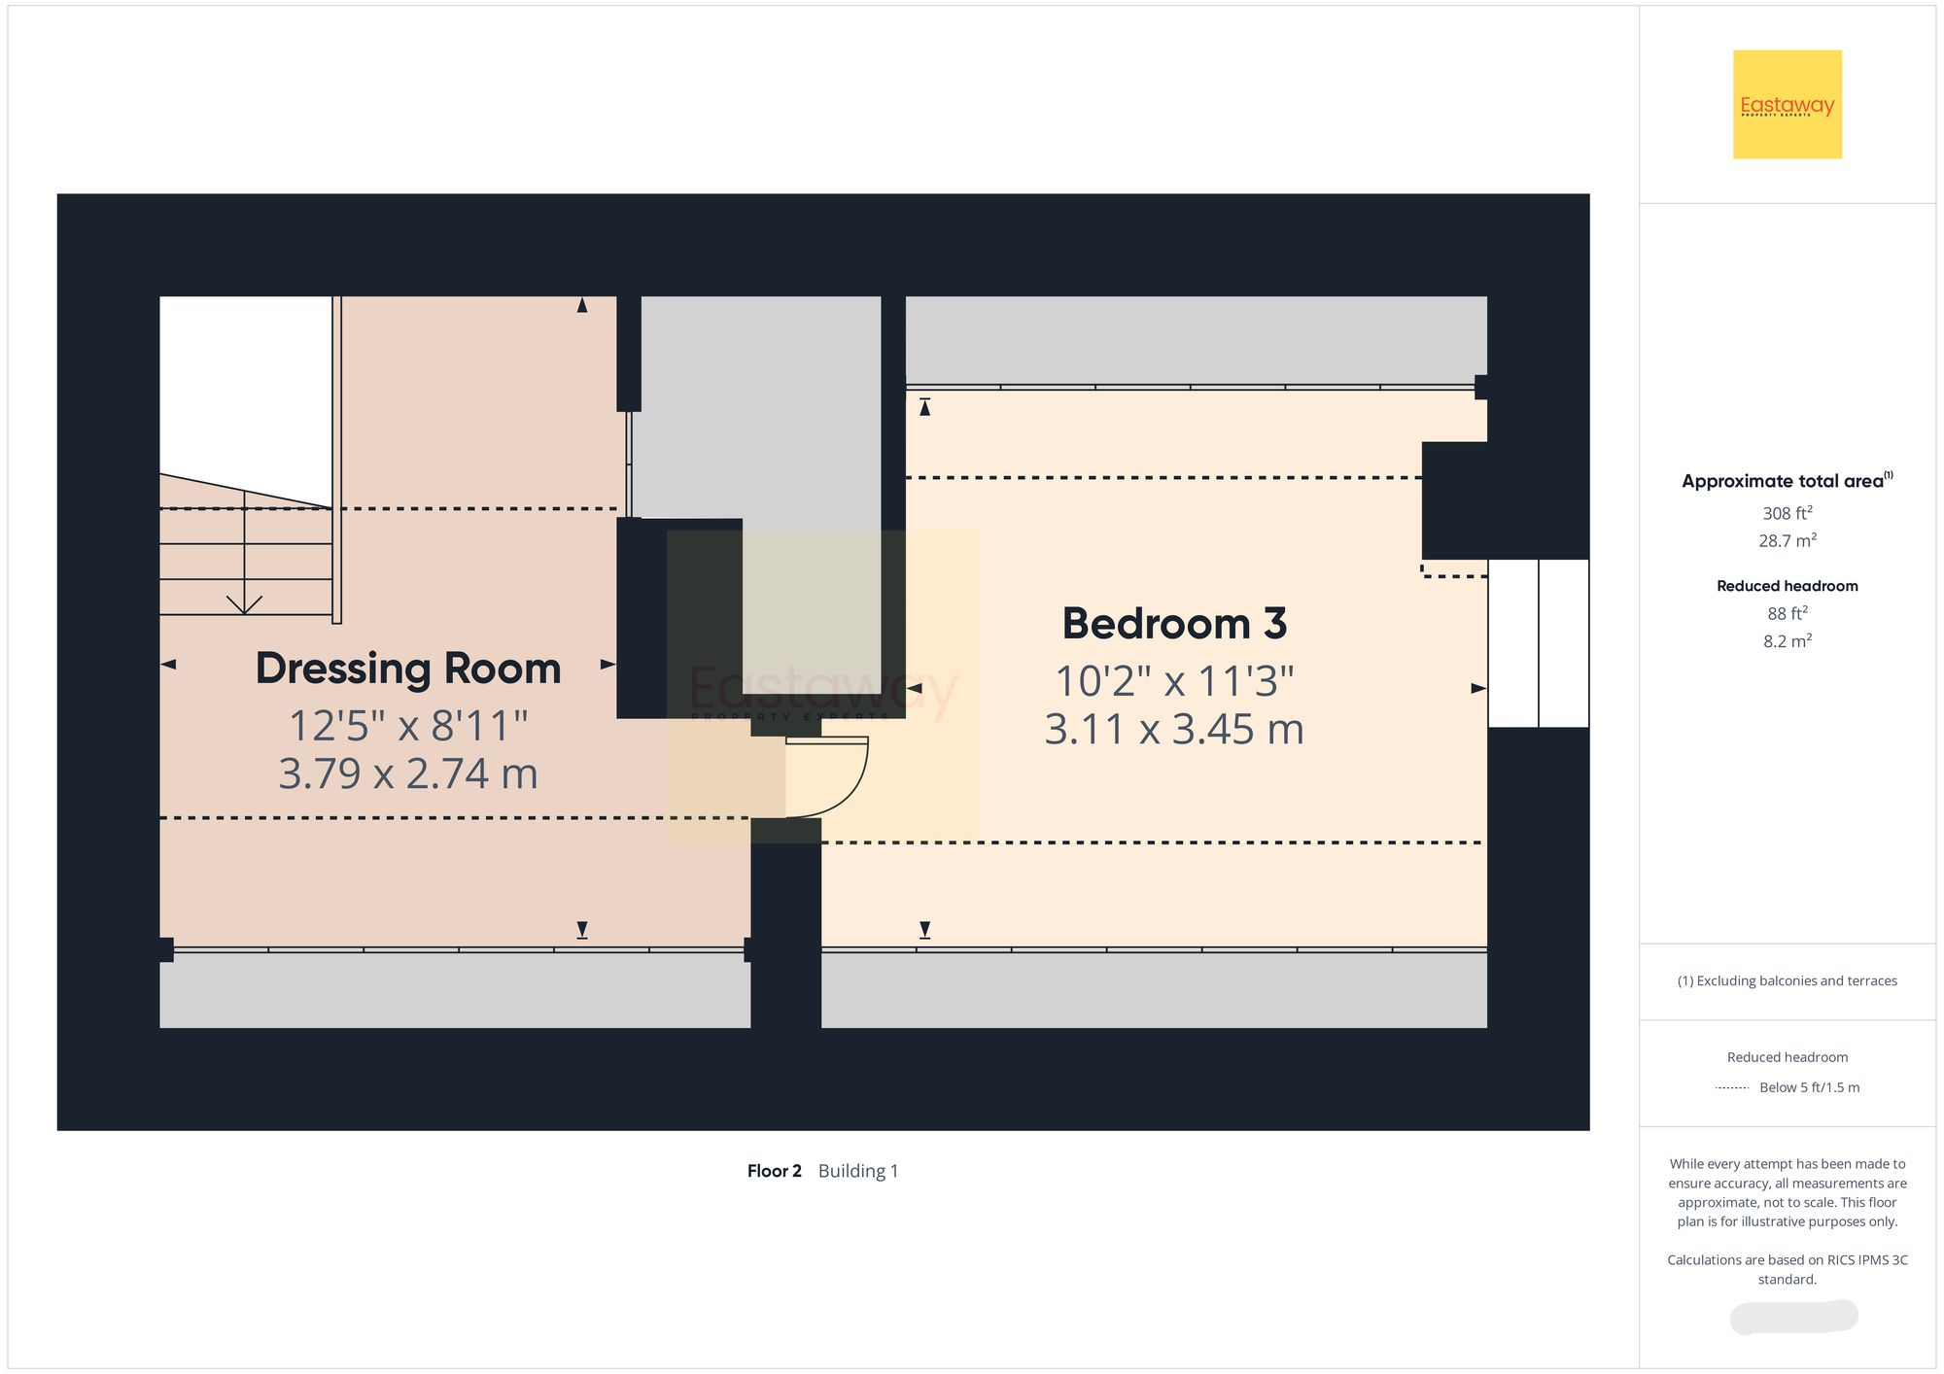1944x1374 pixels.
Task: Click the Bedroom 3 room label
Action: (1174, 624)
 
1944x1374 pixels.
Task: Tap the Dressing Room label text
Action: (408, 669)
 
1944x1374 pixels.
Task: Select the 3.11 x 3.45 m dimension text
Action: (1174, 730)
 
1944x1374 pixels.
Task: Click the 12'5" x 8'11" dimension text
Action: (408, 726)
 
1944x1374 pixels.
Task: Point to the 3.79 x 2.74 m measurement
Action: (408, 774)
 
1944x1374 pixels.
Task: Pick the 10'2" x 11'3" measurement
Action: (1174, 681)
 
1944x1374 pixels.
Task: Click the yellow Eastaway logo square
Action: (1787, 104)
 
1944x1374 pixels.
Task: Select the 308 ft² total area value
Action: (1787, 513)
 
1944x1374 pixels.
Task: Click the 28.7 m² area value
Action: (1787, 540)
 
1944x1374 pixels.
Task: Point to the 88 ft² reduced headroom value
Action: (1787, 613)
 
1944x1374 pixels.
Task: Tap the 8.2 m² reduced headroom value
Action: (1787, 641)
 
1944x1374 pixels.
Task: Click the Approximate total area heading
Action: (1787, 481)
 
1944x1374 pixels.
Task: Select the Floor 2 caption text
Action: (774, 1171)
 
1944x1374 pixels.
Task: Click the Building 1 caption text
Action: (858, 1171)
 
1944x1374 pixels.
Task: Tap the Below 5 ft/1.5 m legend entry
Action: (1808, 1087)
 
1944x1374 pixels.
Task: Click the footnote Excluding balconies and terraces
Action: (1787, 980)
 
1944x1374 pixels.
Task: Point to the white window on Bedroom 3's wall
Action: (1538, 643)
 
